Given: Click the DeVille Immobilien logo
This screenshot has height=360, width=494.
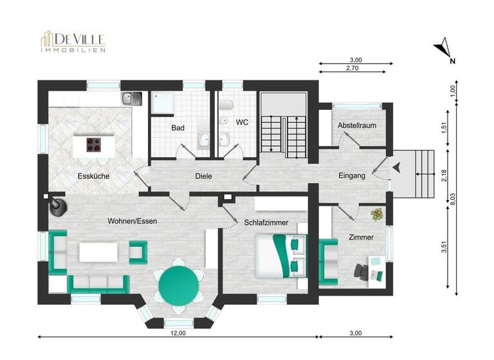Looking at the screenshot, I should coord(73,41).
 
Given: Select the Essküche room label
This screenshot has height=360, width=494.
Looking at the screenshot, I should coord(93,175).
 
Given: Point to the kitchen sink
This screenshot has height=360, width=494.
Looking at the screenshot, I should coord(133,98).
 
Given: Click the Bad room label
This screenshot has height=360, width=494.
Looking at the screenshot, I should coord(178,128).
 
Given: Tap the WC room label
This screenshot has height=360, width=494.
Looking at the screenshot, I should coord(242,122).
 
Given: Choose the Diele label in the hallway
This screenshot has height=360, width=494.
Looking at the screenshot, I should coord(204,176).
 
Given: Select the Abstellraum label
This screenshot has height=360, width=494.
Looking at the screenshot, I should coord(357,125).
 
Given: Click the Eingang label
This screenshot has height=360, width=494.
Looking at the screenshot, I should coord(352,175).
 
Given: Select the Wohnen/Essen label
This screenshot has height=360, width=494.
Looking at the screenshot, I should coord(133,221).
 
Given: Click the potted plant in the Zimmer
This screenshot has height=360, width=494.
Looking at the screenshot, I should coord(375,214).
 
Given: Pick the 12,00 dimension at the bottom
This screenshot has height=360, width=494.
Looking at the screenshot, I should coord(178,333).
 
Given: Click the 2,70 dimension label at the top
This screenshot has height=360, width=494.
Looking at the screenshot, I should coord(352,67).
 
